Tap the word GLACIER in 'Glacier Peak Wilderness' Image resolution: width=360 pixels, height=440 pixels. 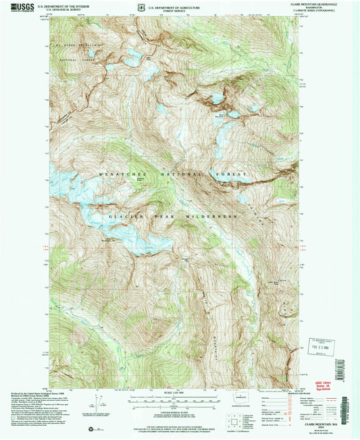coord(123,216)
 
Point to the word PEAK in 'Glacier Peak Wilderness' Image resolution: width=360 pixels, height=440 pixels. coord(163,216)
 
